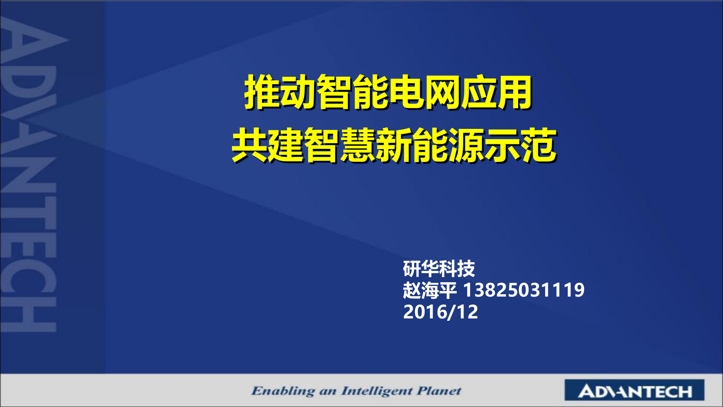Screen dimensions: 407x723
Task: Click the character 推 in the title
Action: coord(262,92)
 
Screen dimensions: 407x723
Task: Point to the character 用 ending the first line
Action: coord(514,92)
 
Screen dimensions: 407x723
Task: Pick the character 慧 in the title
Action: coord(358,145)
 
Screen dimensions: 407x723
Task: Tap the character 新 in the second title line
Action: coord(394,145)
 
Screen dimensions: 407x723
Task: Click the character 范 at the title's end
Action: coord(538,145)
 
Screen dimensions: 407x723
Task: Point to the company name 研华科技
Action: coord(439,269)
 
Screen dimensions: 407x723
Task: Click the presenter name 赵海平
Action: coord(430,291)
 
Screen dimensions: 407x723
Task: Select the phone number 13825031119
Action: coord(523,290)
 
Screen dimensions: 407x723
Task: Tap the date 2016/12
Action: coord(440,312)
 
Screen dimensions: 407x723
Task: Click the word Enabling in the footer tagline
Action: coord(283,391)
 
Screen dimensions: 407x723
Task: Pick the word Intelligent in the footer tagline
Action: coord(376,391)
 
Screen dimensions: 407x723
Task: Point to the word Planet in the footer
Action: coord(439,391)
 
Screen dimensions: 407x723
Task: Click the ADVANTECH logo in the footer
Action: coord(635,391)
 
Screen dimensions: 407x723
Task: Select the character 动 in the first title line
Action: coord(297,92)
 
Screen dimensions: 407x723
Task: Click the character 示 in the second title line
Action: coord(502,145)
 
